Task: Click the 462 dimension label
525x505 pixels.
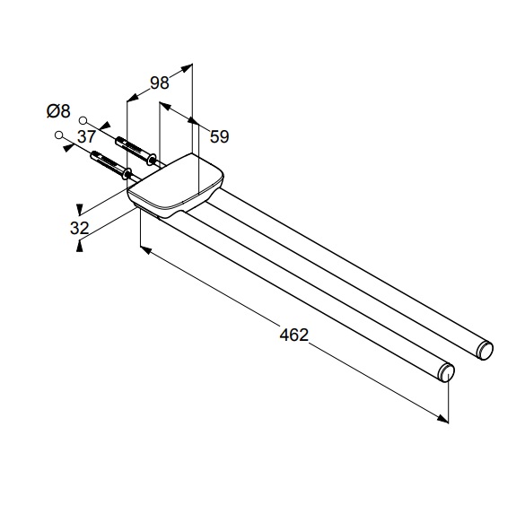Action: (293, 335)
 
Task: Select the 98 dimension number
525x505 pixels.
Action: (160, 83)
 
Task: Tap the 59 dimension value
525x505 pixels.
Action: (219, 136)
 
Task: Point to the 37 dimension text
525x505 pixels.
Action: (87, 136)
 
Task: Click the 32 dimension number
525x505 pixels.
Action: (79, 228)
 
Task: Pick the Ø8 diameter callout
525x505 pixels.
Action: (58, 111)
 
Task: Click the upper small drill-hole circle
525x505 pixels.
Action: (83, 120)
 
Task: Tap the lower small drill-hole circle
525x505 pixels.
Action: (59, 135)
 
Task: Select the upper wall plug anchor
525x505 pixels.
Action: (136, 150)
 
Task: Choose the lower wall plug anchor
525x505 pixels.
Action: (111, 165)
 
